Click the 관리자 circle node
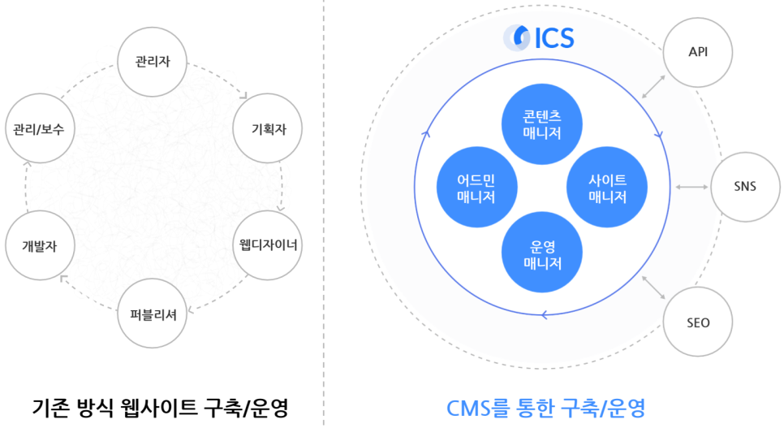tap(153, 63)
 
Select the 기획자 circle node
tap(266, 129)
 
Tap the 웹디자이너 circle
tap(268, 244)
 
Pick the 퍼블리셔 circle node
tap(153, 312)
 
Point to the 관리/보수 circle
tap(39, 129)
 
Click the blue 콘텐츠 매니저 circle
tap(542, 123)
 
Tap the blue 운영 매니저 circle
tap(542, 254)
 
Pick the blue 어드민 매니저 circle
tap(476, 188)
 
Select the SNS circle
tap(744, 187)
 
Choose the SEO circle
tap(698, 322)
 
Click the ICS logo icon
tap(516, 37)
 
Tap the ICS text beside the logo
tap(554, 38)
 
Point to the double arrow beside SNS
tap(691, 188)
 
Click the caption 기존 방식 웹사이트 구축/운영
tap(161, 408)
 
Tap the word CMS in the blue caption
tap(468, 408)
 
